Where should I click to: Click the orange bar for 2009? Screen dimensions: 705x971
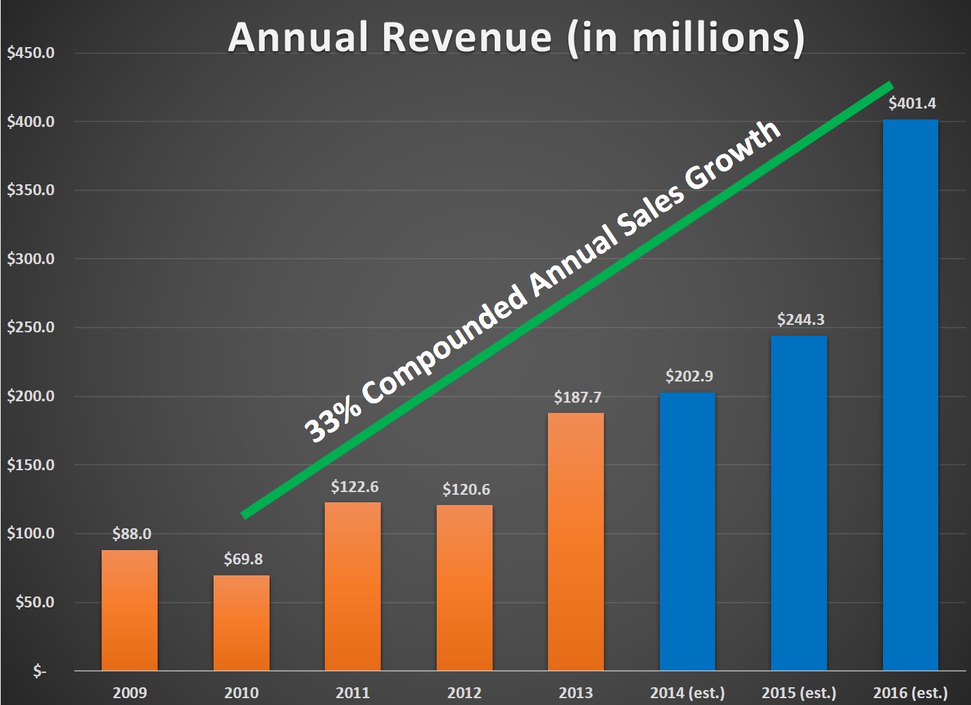point(130,610)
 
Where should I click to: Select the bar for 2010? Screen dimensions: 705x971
point(242,622)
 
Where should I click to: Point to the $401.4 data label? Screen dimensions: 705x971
point(912,104)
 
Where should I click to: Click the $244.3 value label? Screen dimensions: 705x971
point(800,319)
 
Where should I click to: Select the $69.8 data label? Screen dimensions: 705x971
point(243,559)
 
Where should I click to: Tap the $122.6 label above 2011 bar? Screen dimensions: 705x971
point(355,487)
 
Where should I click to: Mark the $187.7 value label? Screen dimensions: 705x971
point(577,397)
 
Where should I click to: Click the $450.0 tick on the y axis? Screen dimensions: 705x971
point(31,53)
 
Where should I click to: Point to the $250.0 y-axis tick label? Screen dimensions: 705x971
point(31,328)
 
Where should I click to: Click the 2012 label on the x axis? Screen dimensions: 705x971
point(464,693)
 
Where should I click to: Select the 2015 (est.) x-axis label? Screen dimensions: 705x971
point(798,693)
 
